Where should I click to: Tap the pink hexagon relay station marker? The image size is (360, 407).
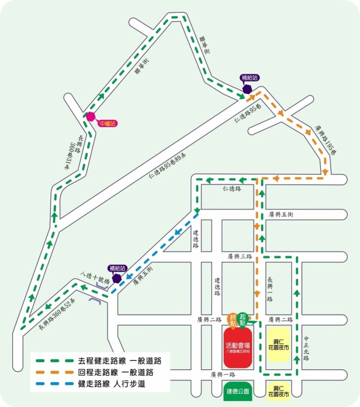click(x=90, y=116)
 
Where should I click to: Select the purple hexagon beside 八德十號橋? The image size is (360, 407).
click(x=117, y=278)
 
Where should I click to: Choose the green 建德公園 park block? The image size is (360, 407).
click(x=238, y=391)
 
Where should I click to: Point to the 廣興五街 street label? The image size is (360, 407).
click(x=281, y=215)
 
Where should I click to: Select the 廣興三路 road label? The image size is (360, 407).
click(x=240, y=257)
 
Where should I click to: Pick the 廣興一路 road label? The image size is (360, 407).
click(x=223, y=375)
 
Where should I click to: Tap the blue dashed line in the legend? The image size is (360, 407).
click(x=54, y=384)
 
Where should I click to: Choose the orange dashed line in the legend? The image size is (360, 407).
click(x=54, y=372)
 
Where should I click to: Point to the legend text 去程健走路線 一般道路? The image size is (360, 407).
click(x=119, y=360)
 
